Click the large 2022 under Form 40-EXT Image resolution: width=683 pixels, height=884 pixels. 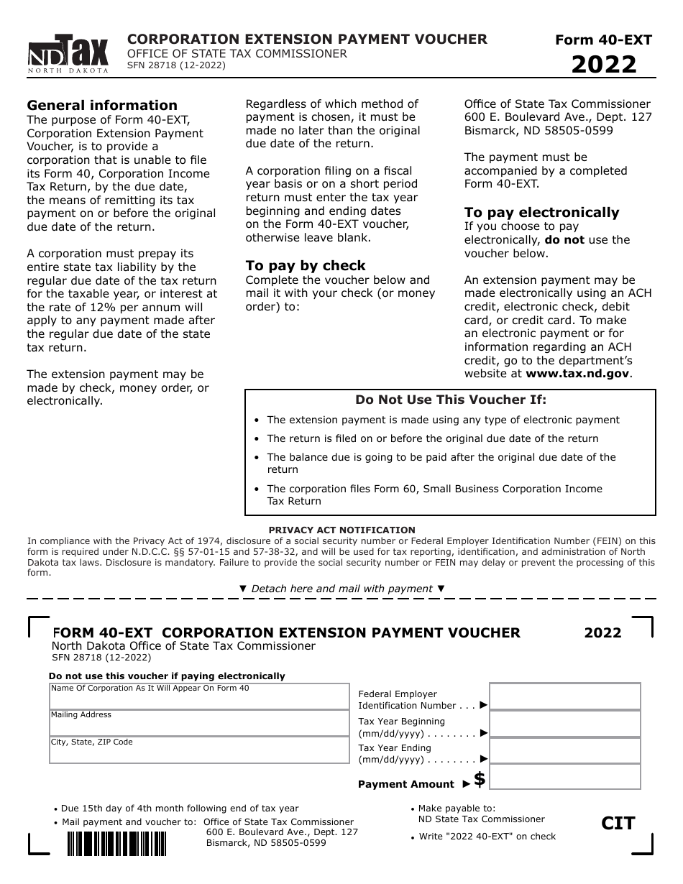[604, 65]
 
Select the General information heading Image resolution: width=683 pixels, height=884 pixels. [102, 106]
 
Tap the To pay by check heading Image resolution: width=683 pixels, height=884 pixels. [306, 266]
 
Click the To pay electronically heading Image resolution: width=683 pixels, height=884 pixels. [541, 213]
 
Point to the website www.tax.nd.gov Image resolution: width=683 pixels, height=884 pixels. [578, 374]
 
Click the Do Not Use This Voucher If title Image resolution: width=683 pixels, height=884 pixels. [451, 400]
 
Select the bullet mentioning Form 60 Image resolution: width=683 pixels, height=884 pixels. [434, 494]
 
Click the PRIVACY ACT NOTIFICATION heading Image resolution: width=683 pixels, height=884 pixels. [341, 530]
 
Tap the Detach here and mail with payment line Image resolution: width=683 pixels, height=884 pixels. [341, 589]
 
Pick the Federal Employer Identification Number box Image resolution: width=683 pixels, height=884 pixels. [564, 696]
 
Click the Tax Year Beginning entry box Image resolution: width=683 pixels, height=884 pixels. [564, 724]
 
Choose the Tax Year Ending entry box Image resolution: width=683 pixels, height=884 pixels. [564, 750]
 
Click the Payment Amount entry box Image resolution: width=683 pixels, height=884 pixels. [564, 777]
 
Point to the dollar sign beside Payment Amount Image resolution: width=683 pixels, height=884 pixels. [480, 778]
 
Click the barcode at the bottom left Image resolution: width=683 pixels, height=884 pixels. [117, 844]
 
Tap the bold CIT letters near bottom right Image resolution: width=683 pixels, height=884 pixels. [618, 824]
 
